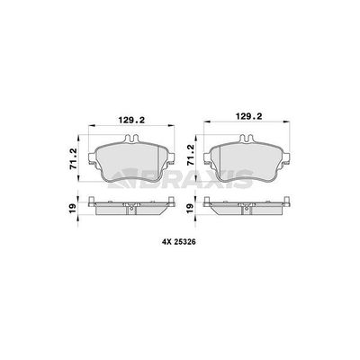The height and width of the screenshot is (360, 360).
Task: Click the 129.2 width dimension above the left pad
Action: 131,121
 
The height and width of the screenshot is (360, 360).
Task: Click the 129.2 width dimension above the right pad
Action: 249,116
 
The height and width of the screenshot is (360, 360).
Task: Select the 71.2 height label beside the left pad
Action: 73,159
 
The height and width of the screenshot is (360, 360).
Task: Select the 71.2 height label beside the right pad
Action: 190,155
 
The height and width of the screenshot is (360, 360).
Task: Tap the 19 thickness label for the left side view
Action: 73,209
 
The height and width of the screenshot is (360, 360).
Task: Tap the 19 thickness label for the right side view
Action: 190,209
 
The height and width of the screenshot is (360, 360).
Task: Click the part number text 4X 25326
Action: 179,242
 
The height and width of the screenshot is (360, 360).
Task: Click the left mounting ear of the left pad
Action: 93,158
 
